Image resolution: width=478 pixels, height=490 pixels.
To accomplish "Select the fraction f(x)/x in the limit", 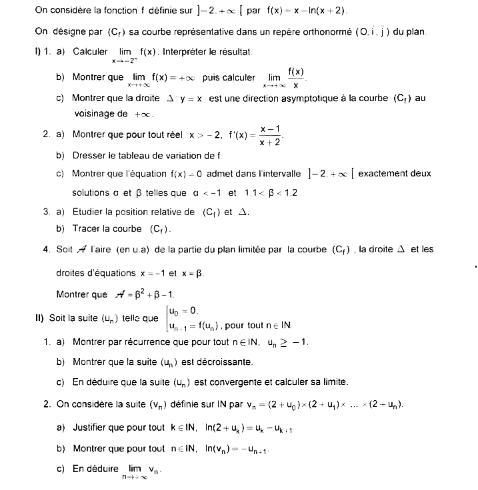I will tap(296, 78).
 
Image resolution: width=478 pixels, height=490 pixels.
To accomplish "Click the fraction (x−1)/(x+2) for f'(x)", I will tap(269, 134).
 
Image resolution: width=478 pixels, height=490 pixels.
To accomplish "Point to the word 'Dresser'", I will tap(90, 155).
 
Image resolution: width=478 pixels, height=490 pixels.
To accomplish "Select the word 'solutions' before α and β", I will tap(90, 193).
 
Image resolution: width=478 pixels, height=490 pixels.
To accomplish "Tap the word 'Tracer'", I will tap(87, 229).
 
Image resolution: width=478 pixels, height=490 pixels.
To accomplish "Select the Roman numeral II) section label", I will tap(39, 318).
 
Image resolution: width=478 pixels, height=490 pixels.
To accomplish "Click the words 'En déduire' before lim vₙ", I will tap(96, 469).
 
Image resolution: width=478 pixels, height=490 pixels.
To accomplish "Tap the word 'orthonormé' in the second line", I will tap(315, 33).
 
